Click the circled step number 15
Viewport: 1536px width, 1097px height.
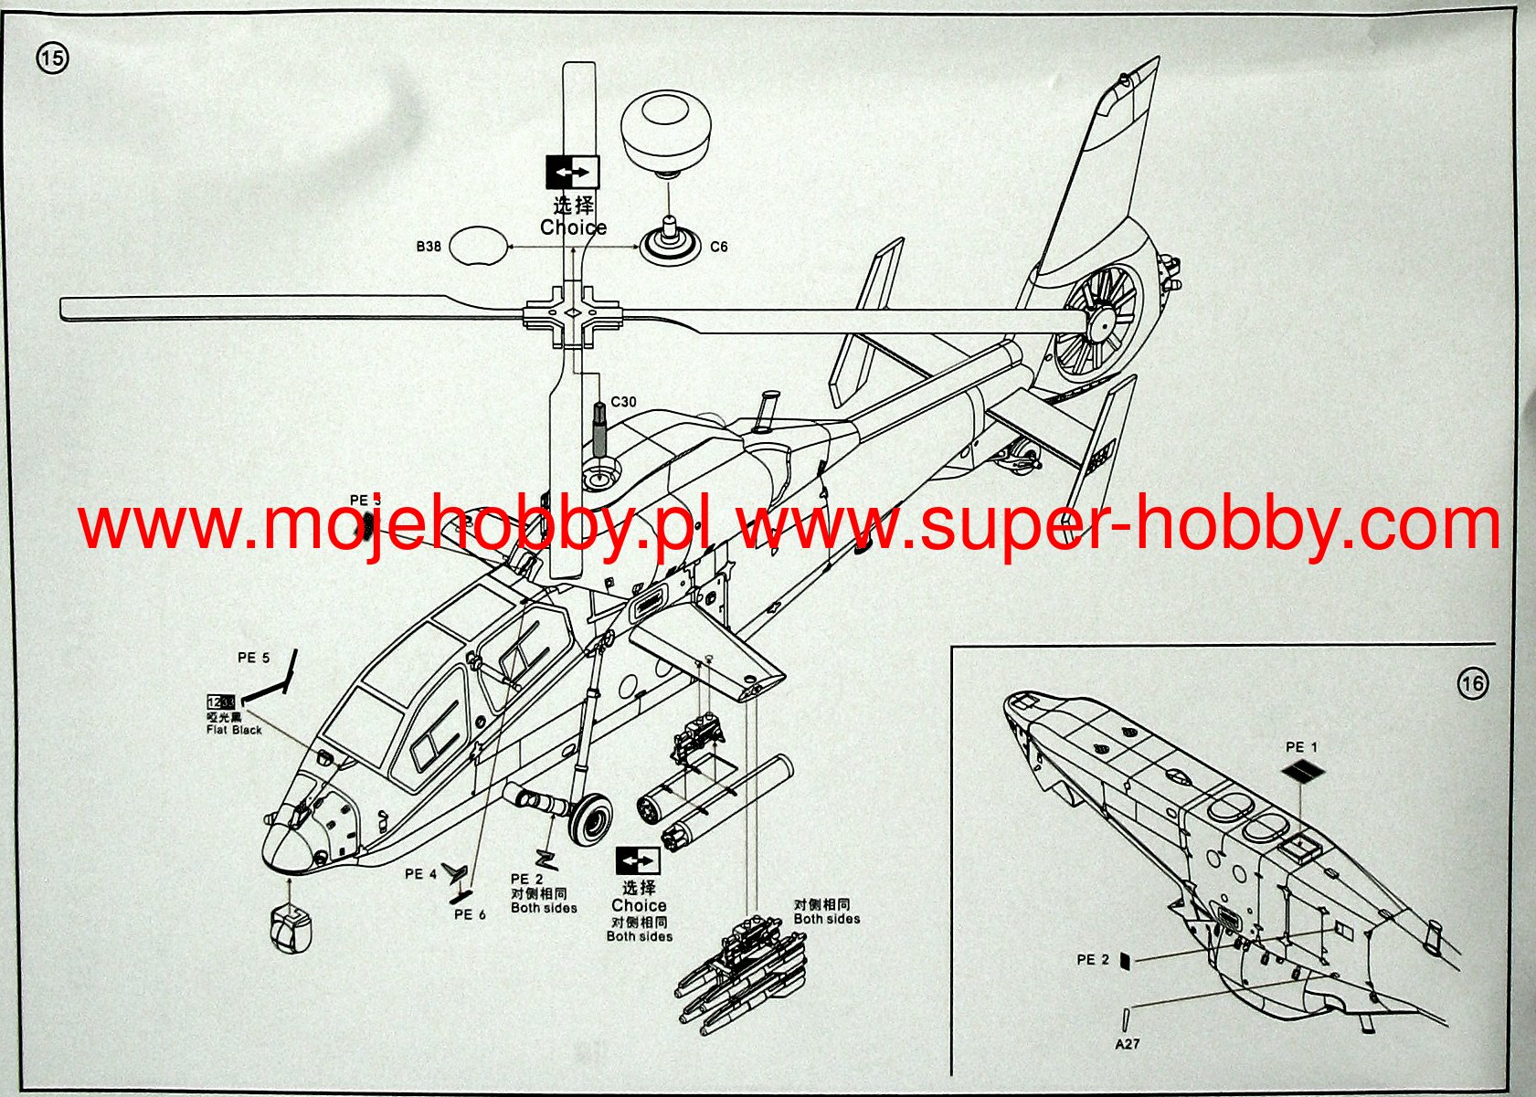52,59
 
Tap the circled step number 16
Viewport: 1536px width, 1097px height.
1473,683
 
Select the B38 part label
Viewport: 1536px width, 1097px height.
429,247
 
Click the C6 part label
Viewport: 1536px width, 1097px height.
719,247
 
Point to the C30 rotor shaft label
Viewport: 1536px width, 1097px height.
624,402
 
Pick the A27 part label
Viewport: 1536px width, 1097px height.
1128,1043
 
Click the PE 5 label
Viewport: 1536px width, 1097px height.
253,658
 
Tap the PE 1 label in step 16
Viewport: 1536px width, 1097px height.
1301,747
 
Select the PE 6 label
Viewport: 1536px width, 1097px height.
470,914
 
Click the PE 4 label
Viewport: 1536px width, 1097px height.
420,874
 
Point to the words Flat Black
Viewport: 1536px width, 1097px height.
234,730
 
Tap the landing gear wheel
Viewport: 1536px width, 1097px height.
590,818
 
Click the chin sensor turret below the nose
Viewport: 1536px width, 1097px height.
291,930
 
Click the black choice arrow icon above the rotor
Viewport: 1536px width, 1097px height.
572,171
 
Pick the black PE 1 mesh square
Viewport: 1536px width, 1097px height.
1302,773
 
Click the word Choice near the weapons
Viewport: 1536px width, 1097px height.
639,905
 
